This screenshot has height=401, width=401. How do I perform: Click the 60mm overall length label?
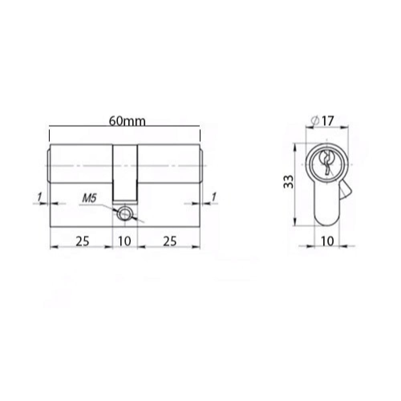coord(127,121)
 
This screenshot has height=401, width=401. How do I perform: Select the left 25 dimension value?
coord(82,241)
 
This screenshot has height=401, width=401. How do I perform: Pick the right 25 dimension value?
coord(170,241)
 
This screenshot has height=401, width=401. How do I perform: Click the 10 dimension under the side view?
coord(125,241)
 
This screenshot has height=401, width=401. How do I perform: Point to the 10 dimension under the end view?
coord(328,241)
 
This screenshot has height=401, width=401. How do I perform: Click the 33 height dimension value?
coord(288,182)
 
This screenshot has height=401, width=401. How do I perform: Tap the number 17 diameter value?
coord(328,121)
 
